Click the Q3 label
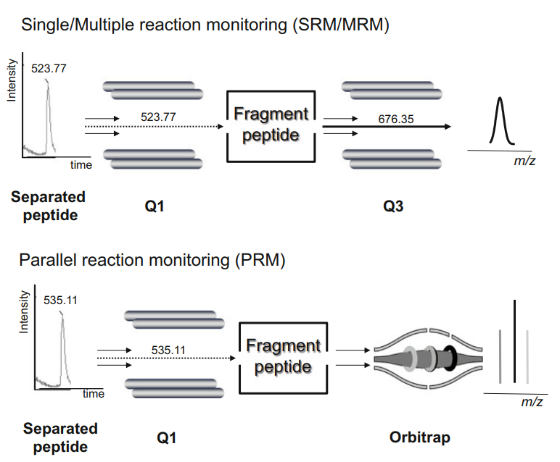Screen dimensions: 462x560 [392, 207]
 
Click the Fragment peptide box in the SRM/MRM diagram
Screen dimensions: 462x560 [271, 125]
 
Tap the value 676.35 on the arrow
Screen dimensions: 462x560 [396, 119]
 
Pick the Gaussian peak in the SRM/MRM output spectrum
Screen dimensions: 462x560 [499, 123]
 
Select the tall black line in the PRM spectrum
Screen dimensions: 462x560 [514, 341]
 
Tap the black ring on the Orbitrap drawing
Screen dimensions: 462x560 [450, 358]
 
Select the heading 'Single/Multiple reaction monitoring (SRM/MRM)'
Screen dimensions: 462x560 [206, 25]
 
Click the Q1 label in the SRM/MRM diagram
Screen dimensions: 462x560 [155, 207]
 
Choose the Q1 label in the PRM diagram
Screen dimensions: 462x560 [167, 437]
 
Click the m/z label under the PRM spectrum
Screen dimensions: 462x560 [532, 402]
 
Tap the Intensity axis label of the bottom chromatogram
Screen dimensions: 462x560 [25, 312]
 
